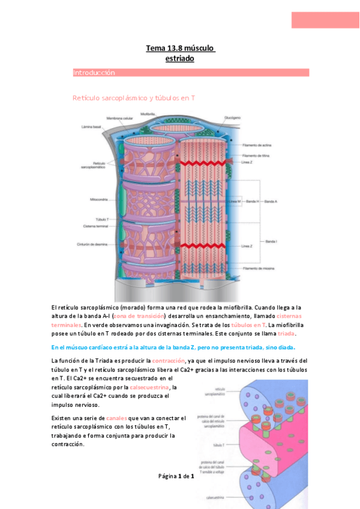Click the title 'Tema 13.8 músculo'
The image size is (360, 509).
click(180, 48)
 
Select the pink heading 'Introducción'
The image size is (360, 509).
click(94, 73)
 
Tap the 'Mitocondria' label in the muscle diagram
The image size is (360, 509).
click(95, 197)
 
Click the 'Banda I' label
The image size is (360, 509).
click(271, 241)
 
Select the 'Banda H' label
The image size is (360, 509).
click(252, 201)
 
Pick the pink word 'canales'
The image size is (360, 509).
click(118, 417)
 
